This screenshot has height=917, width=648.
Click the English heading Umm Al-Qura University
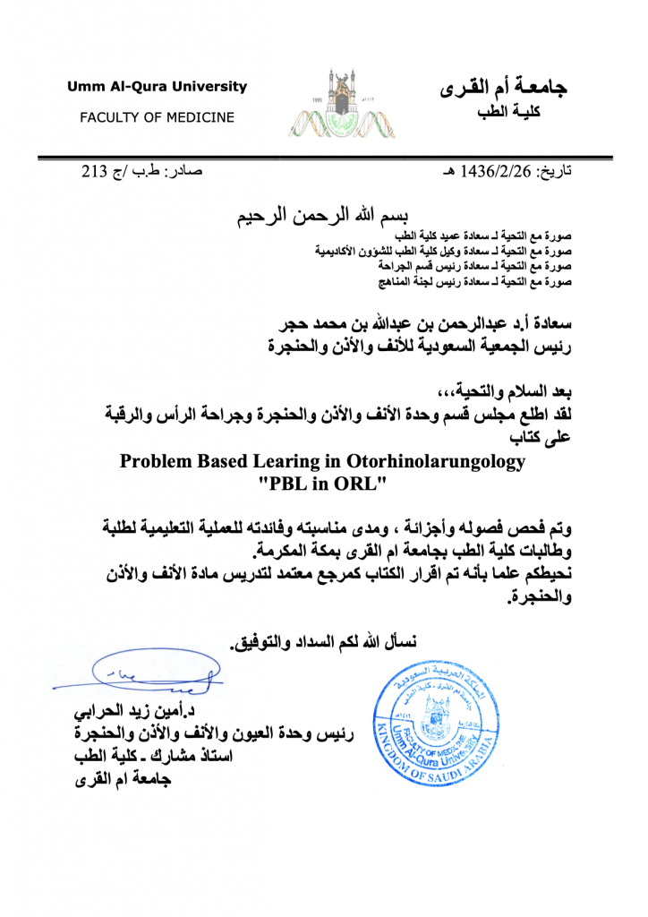pyautogui.click(x=157, y=87)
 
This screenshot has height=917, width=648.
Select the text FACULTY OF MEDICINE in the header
pyautogui.click(x=157, y=117)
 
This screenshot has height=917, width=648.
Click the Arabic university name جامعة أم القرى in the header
pyautogui.click(x=507, y=88)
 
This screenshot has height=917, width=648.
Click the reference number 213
pyautogui.click(x=94, y=170)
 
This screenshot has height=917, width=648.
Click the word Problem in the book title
pyautogui.click(x=153, y=462)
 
